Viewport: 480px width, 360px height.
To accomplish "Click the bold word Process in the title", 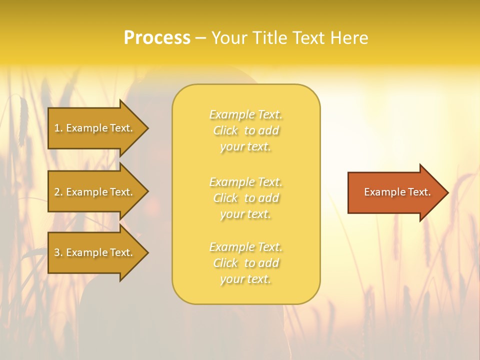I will pos(157,38).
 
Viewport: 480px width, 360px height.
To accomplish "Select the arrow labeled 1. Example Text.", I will pos(93,128).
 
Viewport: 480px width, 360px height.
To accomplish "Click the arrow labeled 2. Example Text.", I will pos(93,192).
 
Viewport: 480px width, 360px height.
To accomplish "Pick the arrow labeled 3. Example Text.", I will pos(93,252).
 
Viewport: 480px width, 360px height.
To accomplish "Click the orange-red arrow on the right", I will pos(395,192).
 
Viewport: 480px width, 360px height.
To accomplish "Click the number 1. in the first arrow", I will pos(58,128).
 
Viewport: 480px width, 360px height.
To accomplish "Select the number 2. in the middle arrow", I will pos(58,192).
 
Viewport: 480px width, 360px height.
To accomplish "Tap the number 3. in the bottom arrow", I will pos(58,252).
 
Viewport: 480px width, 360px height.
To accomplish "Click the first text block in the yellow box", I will pos(246,130).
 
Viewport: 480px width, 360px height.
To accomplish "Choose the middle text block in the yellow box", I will pos(246,198).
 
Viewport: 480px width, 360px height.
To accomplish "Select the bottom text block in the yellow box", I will pos(246,263).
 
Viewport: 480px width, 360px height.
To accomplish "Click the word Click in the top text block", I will pos(226,131).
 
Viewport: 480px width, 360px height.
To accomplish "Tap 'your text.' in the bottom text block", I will pos(245,279).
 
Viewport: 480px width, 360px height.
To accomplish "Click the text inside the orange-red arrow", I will pos(397,192).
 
